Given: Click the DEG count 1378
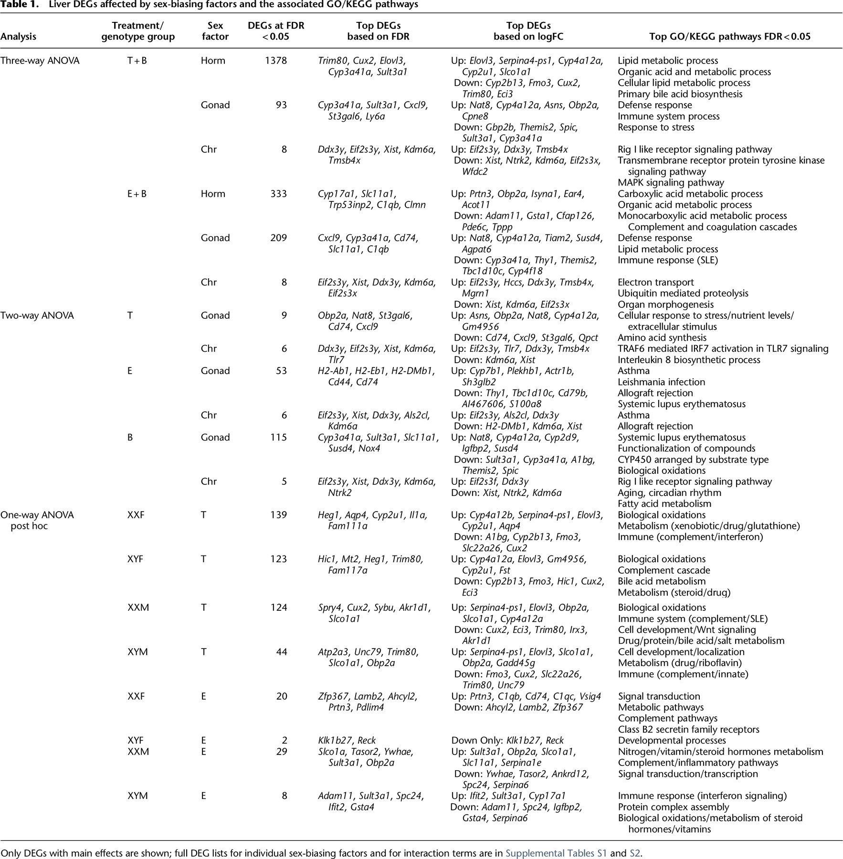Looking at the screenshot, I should (276, 61).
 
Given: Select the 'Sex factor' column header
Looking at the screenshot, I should (215, 31).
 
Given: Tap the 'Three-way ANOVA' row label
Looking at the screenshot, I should (40, 61).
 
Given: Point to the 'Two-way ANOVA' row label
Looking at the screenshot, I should (37, 315).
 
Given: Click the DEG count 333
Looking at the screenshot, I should (278, 194).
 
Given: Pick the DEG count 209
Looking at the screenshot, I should (278, 238).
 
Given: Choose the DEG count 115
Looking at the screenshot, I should (278, 437).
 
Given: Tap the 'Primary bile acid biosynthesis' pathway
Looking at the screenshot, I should (680, 94).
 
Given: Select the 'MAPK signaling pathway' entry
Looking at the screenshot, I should (671, 183).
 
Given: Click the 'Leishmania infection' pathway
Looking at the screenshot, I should (661, 382).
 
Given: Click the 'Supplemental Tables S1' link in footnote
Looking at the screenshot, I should (556, 853).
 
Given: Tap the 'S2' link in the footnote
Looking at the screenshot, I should (635, 853).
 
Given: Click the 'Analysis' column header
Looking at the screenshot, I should (18, 37).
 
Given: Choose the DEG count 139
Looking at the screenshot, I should (278, 515).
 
